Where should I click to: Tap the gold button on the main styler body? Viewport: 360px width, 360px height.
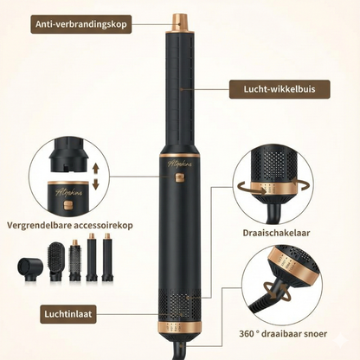pyautogui.click(x=180, y=180)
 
